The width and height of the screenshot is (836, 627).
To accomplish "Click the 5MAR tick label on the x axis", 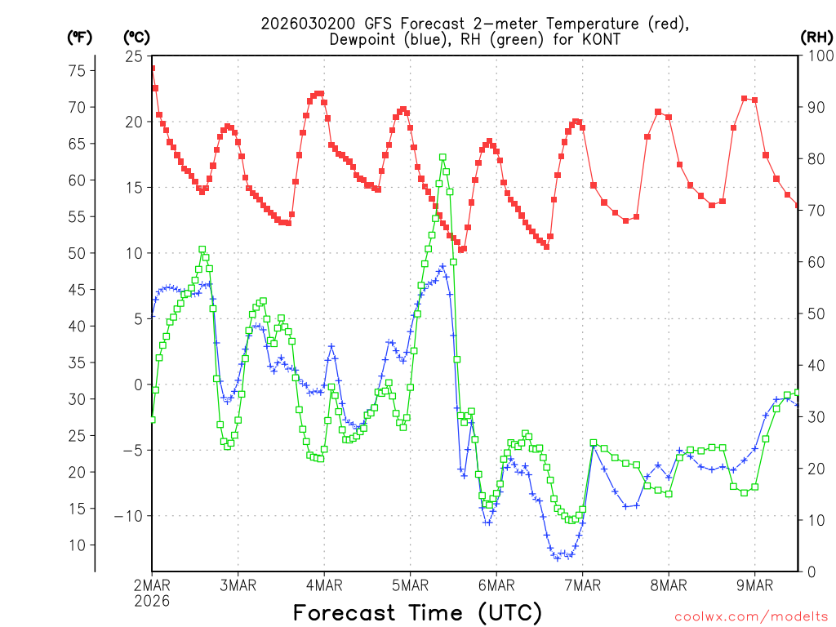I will [410, 585].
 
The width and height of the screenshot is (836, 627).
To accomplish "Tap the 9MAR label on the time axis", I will [754, 585].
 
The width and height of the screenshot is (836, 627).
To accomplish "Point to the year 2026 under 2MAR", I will [153, 600].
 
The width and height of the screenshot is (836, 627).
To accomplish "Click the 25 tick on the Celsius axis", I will [132, 56].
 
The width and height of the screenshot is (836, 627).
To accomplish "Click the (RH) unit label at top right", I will [816, 37].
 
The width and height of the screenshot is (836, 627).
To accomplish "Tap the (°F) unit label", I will [79, 37].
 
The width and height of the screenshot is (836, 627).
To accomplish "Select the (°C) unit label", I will [136, 37].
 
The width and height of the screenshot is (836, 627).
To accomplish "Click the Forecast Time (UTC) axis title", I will [417, 612].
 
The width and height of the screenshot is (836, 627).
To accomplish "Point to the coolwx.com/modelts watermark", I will [751, 616].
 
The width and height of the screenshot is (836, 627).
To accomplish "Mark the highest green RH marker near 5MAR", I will [442, 158].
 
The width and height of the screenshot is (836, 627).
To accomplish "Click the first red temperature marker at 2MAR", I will [152, 69].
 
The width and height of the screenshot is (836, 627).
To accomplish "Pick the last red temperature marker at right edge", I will [798, 205].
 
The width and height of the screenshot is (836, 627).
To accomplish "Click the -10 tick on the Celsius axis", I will [128, 516].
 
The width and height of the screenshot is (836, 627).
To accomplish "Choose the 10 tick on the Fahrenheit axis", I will [76, 545].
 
